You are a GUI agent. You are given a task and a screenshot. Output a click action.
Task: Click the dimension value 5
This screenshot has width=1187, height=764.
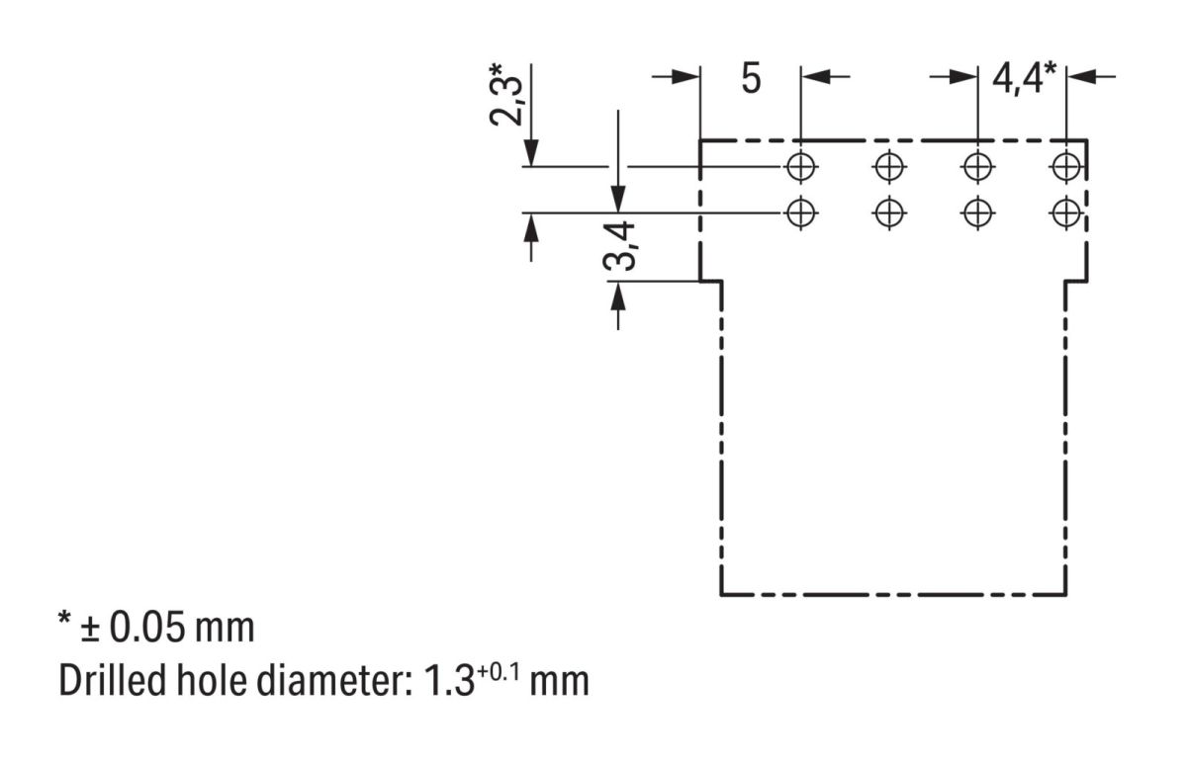pos(752,79)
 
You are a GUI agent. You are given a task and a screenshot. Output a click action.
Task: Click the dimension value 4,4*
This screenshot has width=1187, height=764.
pos(1022,79)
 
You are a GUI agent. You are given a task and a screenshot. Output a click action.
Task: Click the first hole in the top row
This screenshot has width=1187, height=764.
pos(800,166)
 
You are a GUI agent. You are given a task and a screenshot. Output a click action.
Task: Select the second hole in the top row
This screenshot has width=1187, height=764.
pos(889,166)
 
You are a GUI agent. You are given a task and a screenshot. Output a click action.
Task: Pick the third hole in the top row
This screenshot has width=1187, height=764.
pos(977,166)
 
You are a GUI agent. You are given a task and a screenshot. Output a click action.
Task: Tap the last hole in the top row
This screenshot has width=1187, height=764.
pos(1065,166)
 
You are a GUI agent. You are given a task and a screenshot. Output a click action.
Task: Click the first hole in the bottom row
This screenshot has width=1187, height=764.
pos(800,212)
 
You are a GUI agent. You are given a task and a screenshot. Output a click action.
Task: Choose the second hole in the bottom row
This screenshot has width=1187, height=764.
pos(889,212)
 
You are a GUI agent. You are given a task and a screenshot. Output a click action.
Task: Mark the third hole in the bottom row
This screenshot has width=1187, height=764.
pos(977,212)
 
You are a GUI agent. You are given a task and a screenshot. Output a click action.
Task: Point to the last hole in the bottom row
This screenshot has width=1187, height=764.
pos(1065,212)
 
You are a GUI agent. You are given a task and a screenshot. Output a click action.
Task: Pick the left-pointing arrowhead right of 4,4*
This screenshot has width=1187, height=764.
pos(1082,77)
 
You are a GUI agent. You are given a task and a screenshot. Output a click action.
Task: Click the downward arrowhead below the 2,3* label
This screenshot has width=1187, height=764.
pos(531,152)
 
